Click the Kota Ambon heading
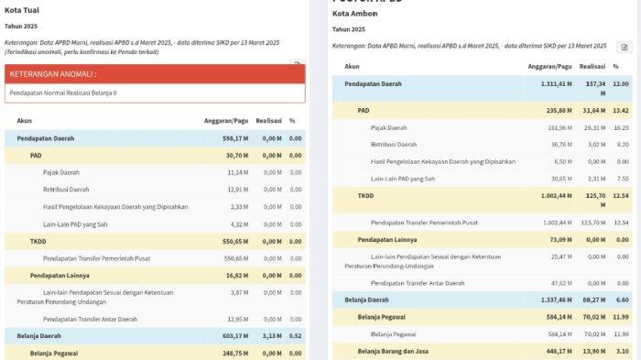click(354, 15)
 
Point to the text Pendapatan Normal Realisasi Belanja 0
click(62, 93)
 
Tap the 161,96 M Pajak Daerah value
click(560, 127)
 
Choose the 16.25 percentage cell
click(622, 127)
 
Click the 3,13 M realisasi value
click(270, 336)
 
